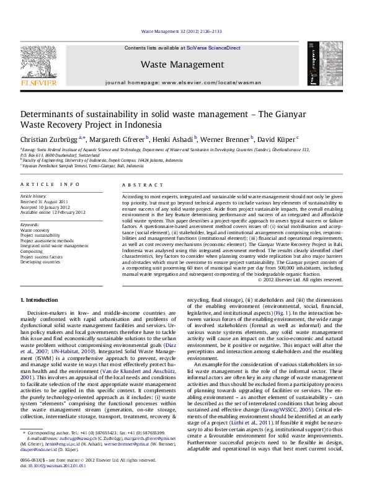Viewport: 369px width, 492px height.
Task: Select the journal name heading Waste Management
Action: (x=182, y=64)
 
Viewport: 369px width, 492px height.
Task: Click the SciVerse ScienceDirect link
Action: (x=220, y=48)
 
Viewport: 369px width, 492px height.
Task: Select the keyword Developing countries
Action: (x=41, y=261)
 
